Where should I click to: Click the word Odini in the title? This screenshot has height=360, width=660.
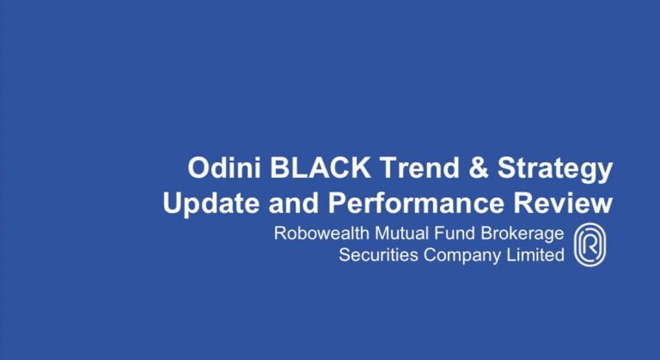224,168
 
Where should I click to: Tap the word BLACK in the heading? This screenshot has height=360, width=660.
321,168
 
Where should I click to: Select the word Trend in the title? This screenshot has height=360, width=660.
419,168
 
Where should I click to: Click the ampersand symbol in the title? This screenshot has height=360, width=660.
478,168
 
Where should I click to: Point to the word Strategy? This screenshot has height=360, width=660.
555,169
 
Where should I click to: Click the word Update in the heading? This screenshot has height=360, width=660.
211,204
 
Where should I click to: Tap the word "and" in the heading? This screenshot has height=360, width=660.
293,203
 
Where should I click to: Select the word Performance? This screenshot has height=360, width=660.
416,203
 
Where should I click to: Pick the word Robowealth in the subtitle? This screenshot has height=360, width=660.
321,233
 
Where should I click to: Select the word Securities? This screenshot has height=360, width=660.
378,254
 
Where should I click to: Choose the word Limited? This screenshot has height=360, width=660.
535,254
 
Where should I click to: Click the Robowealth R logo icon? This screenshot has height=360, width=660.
590,245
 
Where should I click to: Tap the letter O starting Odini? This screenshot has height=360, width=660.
199,168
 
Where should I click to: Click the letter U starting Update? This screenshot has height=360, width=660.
172,203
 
